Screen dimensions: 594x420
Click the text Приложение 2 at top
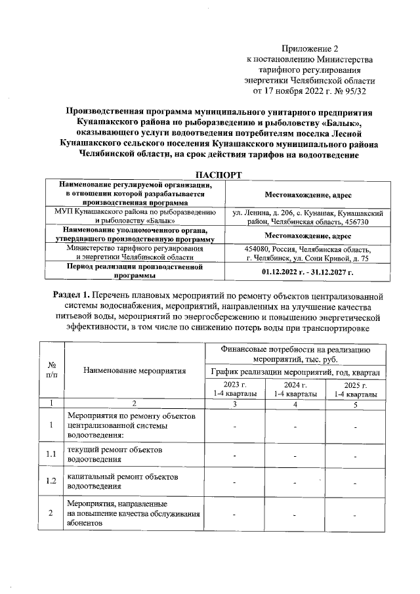point(310,49)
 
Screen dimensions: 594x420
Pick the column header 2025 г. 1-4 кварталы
point(355,389)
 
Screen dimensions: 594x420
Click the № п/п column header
point(52,370)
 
